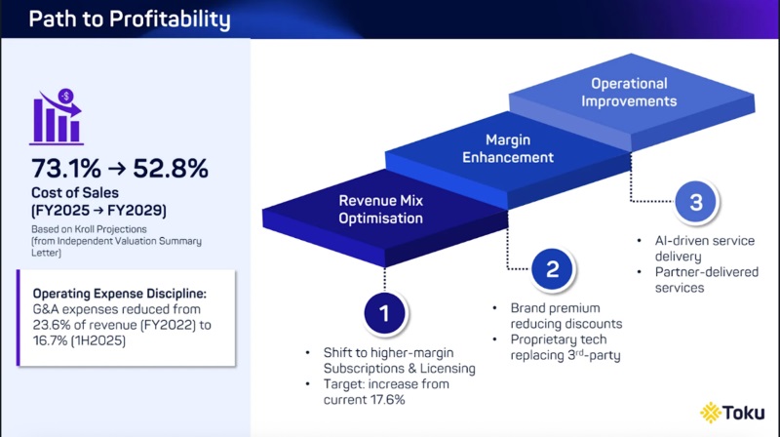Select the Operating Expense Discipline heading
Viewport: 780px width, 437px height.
tap(122, 292)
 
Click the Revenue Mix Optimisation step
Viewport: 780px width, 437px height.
tap(381, 210)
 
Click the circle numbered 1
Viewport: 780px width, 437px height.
tap(384, 313)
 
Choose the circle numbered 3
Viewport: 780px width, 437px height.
tap(695, 203)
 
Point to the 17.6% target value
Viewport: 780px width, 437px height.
tap(379, 400)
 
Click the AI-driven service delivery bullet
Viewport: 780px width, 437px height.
tap(697, 247)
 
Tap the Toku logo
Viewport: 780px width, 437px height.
tap(732, 412)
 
